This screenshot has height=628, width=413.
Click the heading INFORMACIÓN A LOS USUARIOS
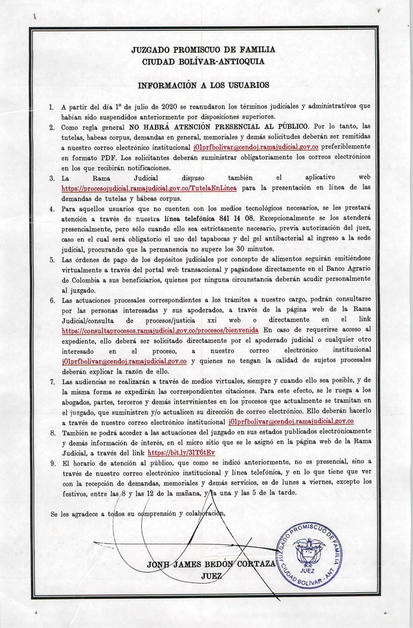click(x=204, y=85)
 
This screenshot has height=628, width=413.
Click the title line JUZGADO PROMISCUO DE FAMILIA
click(x=203, y=50)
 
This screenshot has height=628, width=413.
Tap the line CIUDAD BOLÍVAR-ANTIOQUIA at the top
click(x=203, y=62)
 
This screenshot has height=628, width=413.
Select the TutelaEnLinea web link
click(x=149, y=188)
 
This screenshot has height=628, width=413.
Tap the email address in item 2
click(x=256, y=147)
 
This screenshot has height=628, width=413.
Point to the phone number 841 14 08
click(x=241, y=218)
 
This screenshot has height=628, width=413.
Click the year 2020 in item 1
click(x=169, y=107)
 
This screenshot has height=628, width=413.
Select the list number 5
click(x=52, y=260)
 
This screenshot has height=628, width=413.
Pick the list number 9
click(x=52, y=463)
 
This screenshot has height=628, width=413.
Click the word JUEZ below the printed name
click(x=211, y=576)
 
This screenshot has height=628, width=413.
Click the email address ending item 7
click(x=291, y=421)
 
